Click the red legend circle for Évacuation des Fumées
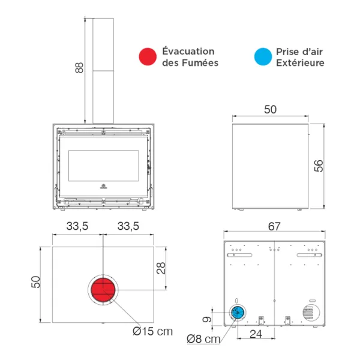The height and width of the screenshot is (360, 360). pos(147,57)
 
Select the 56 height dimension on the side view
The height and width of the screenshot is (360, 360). pos(319,165)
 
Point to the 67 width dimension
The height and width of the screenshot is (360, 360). pos(275,226)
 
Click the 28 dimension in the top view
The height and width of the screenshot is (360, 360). pos(161,268)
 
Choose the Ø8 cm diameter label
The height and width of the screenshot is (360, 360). pos(203,339)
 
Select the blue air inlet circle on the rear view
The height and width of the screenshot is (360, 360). pos(238,312)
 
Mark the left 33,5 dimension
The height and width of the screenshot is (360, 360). pos(78,226)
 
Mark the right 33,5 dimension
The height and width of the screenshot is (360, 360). pos(128,226)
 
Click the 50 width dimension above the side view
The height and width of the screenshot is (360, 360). pos(270,109)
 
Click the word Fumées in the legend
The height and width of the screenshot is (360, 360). pos(199,62)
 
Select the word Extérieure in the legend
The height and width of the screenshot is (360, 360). pos(300,62)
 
